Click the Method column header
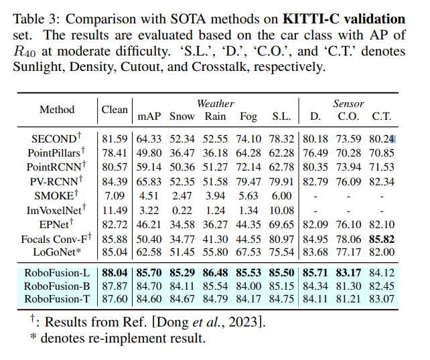coord(57,110)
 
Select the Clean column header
coord(115,110)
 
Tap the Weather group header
coord(215,104)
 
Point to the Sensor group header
coord(348,104)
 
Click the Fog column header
coord(248,116)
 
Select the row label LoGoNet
coord(58,252)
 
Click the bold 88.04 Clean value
coord(115,273)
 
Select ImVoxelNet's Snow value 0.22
coord(182,209)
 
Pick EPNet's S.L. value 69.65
coord(281,223)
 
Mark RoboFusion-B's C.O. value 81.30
coord(348,286)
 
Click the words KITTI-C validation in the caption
coord(349,18)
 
